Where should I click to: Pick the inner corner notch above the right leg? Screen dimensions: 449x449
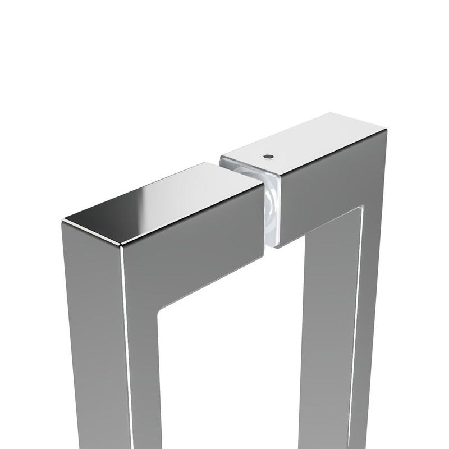pos(359,211)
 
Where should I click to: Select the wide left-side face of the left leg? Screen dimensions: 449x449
pos(93,337)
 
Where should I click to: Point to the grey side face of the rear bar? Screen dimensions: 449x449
pos(326,180)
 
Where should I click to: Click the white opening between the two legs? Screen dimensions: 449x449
pos(236,365)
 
